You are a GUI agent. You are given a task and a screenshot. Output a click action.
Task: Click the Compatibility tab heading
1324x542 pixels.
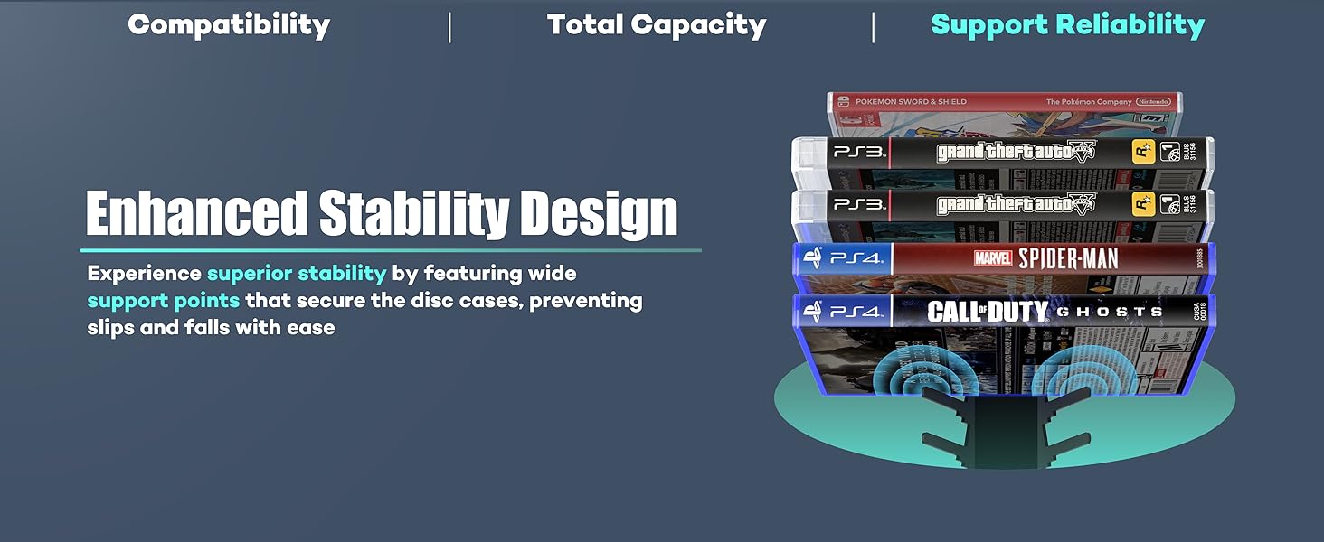229,25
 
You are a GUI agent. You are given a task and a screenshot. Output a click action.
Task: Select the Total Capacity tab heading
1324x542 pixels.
657,25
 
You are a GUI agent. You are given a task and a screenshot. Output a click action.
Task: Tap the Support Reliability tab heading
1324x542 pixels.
1067,25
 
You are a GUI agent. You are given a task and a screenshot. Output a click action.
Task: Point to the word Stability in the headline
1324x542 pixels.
414,214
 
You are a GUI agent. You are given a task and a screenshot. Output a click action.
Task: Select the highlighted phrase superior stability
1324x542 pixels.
297,273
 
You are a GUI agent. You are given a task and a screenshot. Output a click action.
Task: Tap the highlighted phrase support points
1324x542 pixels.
163,300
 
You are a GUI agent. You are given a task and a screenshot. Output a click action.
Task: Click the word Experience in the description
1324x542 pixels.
143,273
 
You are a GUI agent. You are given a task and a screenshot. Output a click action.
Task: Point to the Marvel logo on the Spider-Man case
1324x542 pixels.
993,259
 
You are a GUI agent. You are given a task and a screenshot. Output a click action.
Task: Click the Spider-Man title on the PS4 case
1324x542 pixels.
1068,259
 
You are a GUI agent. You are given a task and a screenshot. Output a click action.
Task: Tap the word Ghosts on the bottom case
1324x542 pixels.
1111,313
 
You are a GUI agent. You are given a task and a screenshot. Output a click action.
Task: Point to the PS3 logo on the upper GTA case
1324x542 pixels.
858,152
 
